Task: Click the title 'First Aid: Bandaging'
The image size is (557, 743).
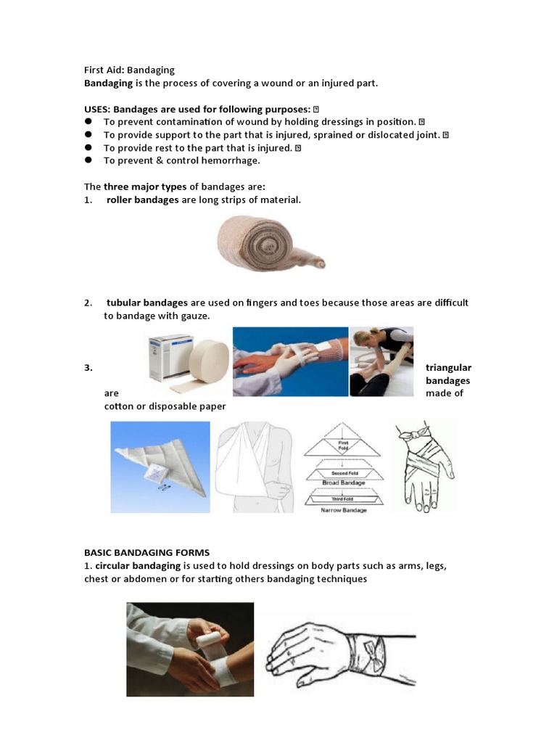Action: coord(130,70)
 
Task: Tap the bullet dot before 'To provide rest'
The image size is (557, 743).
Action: coord(88,147)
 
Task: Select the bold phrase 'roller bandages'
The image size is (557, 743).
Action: coord(142,200)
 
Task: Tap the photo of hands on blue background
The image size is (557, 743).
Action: coord(290,361)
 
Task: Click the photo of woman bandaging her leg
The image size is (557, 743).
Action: coord(381,361)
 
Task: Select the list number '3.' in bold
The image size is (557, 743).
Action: coord(88,368)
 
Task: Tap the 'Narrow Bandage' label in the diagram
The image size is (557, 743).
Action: coord(344,510)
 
